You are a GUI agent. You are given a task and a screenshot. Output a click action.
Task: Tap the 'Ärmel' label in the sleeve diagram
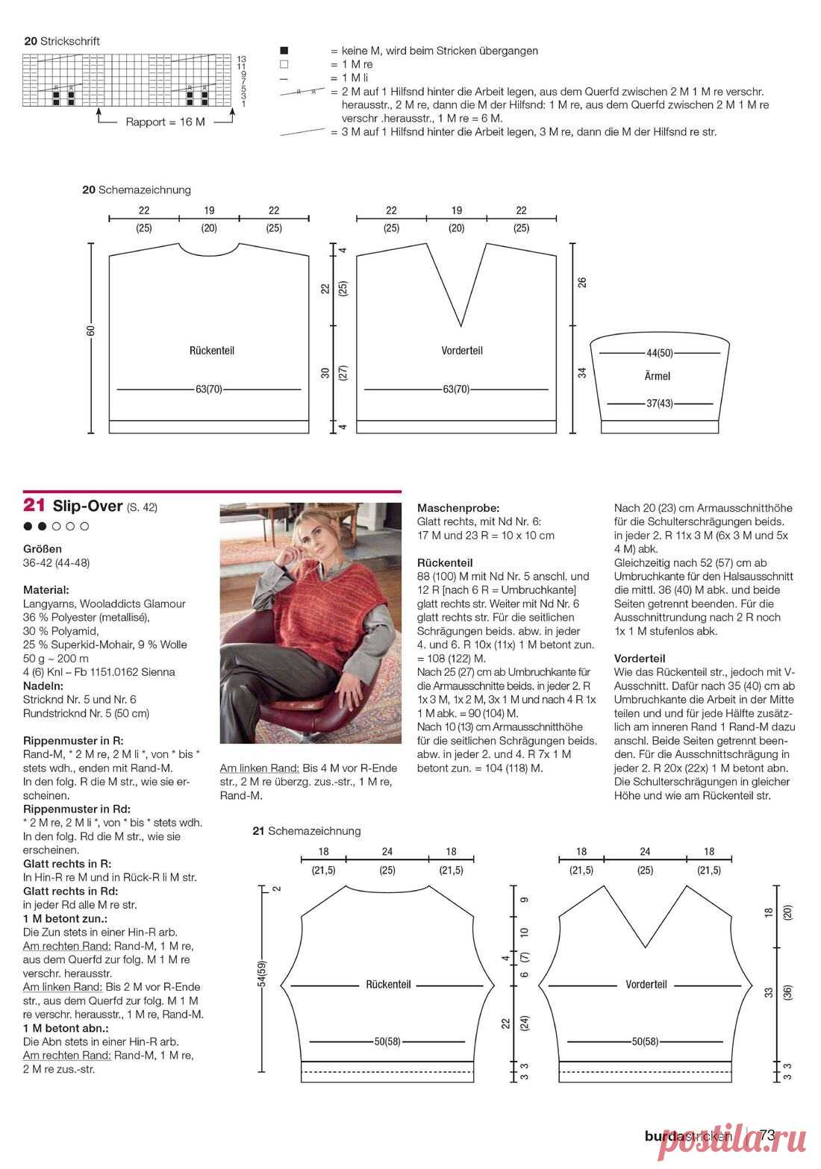click(657, 376)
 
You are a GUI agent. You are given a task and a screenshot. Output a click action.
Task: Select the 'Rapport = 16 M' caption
click(165, 122)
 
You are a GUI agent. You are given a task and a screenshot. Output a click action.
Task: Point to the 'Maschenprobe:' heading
click(458, 507)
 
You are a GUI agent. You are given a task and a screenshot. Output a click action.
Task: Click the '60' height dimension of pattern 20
click(90, 330)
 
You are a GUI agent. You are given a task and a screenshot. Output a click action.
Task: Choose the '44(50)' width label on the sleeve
click(659, 352)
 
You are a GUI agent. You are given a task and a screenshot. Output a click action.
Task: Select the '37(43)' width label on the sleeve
click(659, 404)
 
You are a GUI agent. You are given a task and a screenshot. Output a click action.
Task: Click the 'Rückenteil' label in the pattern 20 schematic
click(212, 350)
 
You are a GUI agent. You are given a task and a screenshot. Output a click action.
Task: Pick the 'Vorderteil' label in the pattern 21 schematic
click(646, 984)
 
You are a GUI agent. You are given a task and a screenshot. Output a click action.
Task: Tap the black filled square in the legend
click(284, 51)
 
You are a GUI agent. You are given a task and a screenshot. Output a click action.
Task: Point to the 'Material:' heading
click(46, 589)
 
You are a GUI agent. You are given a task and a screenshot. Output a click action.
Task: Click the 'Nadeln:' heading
click(43, 686)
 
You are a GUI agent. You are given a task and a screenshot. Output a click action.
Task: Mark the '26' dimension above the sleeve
click(582, 282)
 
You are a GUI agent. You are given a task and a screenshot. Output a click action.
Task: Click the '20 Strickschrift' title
click(62, 41)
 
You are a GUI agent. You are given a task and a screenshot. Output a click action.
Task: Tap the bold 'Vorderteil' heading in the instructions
click(640, 658)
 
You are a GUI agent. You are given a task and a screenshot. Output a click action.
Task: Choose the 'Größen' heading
click(43, 548)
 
